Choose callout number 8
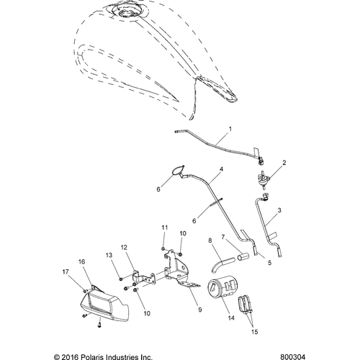click(x=210, y=241)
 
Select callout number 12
click(x=124, y=248)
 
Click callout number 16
click(x=81, y=262)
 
